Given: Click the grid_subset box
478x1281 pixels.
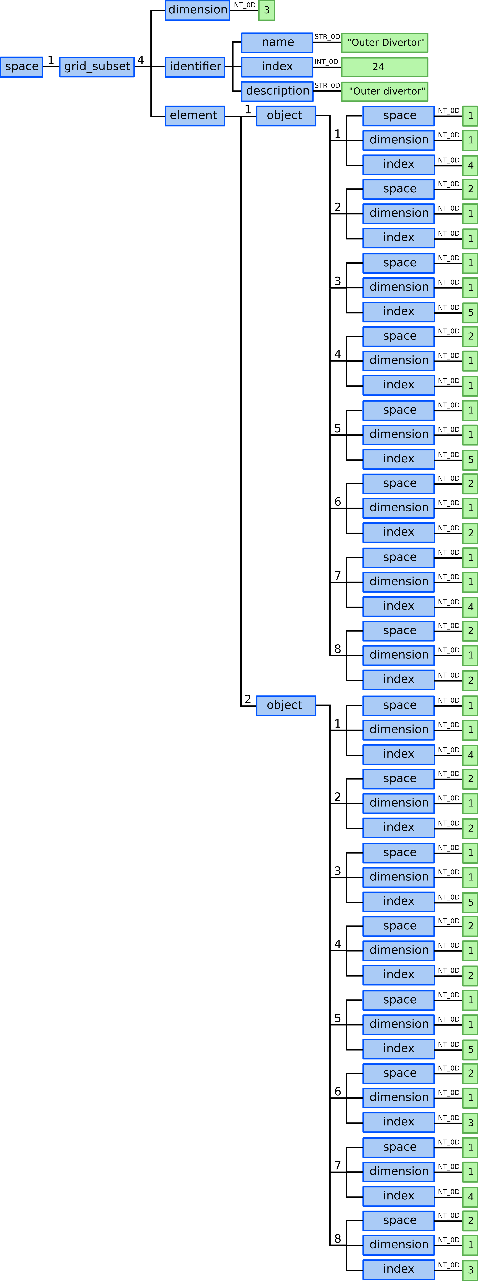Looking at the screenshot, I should point(97,67).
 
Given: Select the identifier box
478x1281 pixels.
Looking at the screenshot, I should point(195,67).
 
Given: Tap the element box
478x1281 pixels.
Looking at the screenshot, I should point(195,115).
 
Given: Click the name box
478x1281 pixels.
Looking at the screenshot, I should point(277,42).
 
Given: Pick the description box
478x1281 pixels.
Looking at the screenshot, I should point(277,91).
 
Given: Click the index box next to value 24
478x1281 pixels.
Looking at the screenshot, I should point(277,67).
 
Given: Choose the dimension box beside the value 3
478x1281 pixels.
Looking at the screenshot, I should point(197,10).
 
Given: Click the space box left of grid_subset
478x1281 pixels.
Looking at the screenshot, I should point(21,67).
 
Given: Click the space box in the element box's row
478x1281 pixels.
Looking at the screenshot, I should point(398,115).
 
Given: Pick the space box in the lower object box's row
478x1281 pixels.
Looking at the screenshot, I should point(398,705).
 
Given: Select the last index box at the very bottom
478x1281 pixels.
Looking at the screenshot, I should point(398,1269).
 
